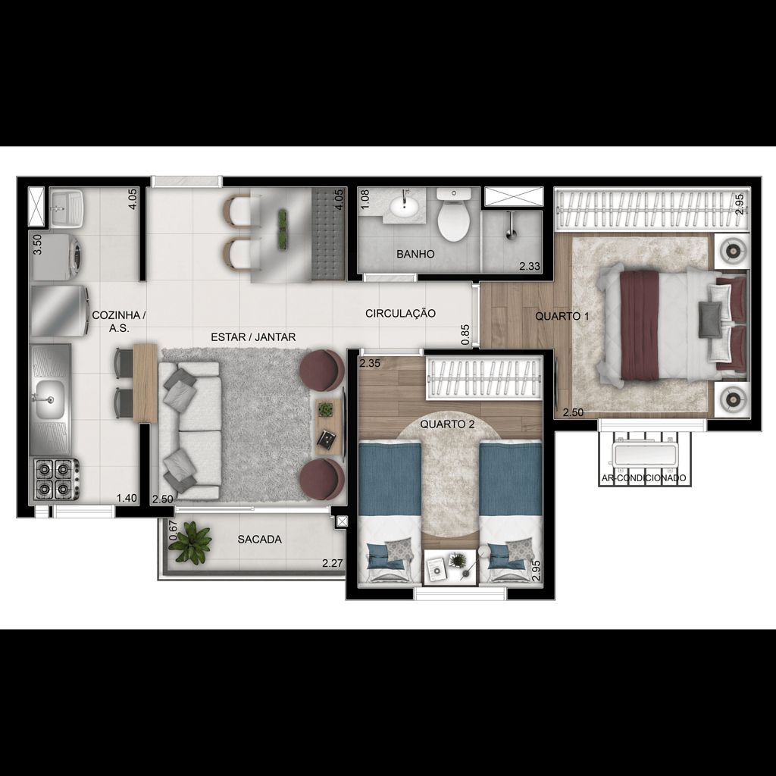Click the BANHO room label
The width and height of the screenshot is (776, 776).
pos(415,255)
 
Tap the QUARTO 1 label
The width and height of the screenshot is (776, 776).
pos(562,316)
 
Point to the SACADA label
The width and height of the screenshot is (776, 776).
pos(259,540)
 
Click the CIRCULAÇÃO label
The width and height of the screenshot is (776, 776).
pos(400,313)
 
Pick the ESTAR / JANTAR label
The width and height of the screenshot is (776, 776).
pos(253,337)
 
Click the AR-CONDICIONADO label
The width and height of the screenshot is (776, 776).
pos(643,478)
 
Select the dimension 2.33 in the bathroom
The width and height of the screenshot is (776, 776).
pos(529,266)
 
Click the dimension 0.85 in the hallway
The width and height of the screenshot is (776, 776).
pos(465,334)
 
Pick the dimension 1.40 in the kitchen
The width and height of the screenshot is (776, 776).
pos(127,499)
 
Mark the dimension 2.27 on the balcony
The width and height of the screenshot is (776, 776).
pos(333,563)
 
